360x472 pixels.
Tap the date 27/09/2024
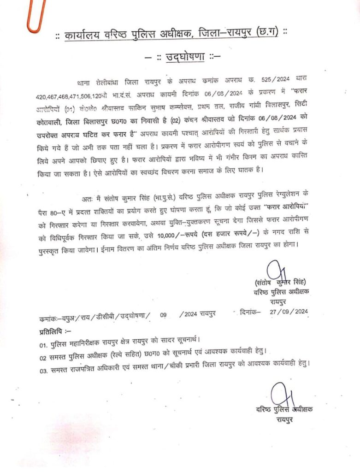290,312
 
